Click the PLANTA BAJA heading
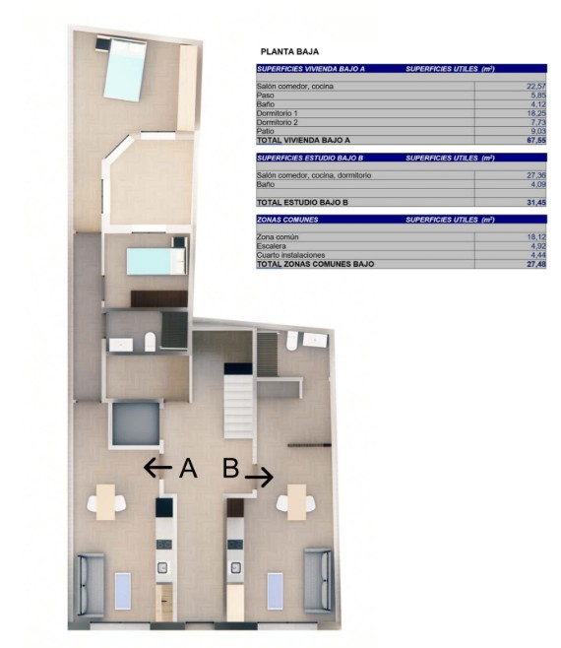[289, 52]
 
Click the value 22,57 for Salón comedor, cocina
[536, 86]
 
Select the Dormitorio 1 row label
[277, 113]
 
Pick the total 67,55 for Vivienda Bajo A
[536, 140]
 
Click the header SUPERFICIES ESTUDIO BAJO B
[310, 158]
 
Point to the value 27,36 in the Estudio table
[536, 175]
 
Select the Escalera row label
[271, 246]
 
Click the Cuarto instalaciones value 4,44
[538, 255]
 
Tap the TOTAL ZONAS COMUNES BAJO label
[315, 264]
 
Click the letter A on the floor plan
[188, 468]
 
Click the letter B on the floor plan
[231, 468]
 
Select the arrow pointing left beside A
[157, 468]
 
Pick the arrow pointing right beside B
[259, 478]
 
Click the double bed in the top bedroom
[125, 69]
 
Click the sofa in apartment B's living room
[318, 581]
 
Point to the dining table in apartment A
[105, 502]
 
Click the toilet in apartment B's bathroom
[292, 341]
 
